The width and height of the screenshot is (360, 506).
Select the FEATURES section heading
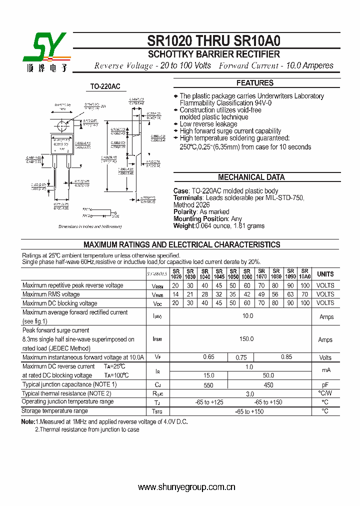click(x=254, y=83)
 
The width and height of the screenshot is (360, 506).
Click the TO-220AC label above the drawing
click(x=105, y=86)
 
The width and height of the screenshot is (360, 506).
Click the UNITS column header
click(x=325, y=274)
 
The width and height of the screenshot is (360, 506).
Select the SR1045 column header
click(x=218, y=273)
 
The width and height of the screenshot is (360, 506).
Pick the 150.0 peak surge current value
click(x=246, y=339)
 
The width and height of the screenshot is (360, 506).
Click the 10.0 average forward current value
click(x=247, y=316)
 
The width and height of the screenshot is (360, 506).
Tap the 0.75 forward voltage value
click(x=241, y=357)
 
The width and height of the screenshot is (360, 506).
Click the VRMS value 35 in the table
click(x=232, y=294)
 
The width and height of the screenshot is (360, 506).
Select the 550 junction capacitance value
click(x=208, y=385)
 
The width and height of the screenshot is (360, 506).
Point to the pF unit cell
click(x=325, y=385)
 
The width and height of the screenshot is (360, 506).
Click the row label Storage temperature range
click(x=55, y=411)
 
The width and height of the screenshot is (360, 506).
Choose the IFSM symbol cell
click(x=157, y=339)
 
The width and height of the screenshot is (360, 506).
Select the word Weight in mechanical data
click(x=183, y=226)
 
